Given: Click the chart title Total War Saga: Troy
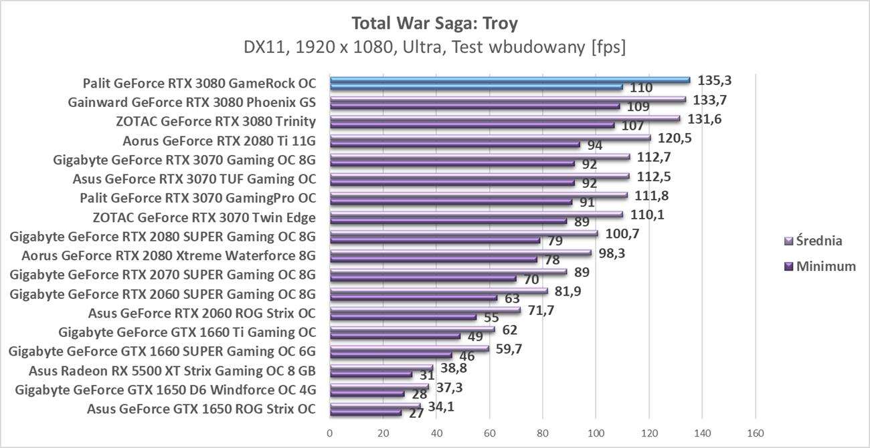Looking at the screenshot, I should [434, 23].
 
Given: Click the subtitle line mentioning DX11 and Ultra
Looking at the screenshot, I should [434, 48].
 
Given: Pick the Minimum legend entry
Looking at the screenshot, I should [820, 266].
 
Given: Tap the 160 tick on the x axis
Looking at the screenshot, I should [756, 434].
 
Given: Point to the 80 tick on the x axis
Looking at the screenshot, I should [543, 434].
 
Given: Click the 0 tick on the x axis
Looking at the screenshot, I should [330, 434].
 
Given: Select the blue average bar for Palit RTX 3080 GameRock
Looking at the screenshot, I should [509, 80].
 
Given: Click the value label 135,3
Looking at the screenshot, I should [714, 80].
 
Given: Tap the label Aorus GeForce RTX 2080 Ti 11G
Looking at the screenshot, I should [219, 140].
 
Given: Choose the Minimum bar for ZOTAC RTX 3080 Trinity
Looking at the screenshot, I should [472, 125].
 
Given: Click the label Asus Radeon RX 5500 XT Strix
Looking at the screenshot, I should [172, 370].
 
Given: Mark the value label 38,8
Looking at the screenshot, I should [454, 367].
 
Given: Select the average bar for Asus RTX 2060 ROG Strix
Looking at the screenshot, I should [425, 310].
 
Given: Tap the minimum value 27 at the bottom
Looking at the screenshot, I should [416, 413].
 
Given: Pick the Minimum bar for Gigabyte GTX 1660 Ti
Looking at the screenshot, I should [395, 336].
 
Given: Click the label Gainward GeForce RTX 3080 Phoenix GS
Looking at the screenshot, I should [191, 102].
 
